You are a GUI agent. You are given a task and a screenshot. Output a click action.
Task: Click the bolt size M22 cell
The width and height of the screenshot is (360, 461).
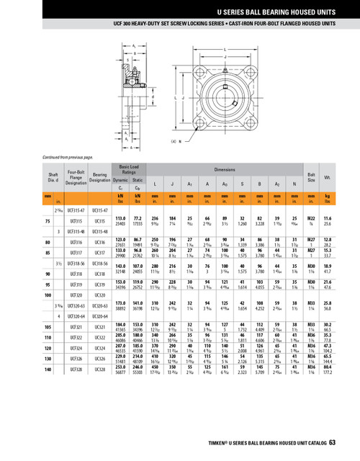point(311,217)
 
